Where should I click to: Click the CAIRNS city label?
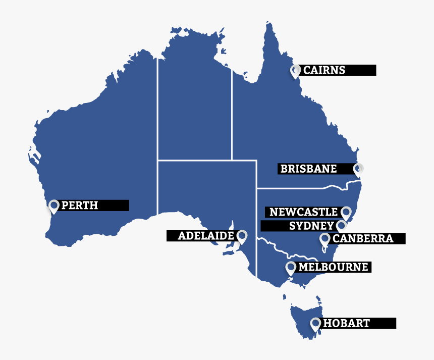(x=324, y=70)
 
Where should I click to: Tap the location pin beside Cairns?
(x=295, y=71)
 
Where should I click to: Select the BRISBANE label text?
(x=308, y=169)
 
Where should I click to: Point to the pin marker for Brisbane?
(x=358, y=169)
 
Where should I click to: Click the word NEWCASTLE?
(x=303, y=212)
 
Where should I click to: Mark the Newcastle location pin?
(x=346, y=213)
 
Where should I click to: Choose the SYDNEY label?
(x=311, y=226)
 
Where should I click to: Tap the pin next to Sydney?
(x=342, y=226)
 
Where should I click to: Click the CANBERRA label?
(x=363, y=238)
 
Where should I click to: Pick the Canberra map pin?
(x=325, y=239)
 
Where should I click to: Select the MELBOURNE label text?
(x=333, y=267)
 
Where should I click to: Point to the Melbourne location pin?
(x=290, y=268)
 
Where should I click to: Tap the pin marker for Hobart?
(x=315, y=324)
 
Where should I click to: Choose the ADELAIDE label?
(x=205, y=236)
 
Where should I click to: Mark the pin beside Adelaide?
(x=242, y=236)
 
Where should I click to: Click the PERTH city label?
(x=79, y=205)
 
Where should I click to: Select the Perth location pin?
(x=54, y=206)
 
